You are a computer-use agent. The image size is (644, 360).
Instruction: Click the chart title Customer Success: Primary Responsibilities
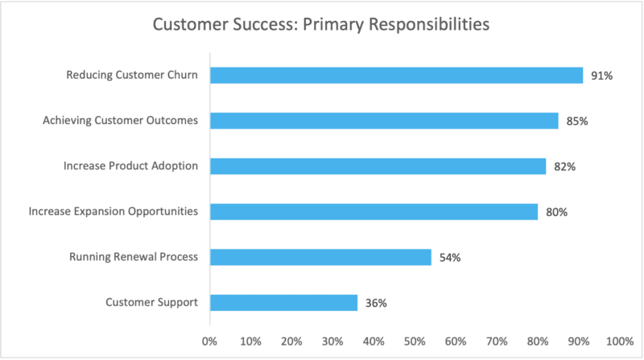321,25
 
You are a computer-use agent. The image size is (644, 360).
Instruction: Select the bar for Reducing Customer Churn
396,76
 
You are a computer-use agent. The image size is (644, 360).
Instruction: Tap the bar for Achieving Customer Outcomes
384,121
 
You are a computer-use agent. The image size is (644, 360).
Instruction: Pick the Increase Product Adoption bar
378,167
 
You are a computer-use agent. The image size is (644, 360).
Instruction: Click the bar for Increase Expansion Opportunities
374,212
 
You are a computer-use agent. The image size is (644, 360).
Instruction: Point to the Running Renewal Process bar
320,258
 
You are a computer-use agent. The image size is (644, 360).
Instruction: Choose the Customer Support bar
283,303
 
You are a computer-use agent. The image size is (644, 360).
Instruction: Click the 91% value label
601,76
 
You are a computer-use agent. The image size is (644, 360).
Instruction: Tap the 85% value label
576,121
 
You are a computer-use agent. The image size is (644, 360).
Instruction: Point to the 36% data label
375,304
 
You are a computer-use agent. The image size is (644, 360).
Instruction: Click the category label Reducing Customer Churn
134,76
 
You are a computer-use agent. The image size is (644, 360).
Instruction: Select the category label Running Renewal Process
134,258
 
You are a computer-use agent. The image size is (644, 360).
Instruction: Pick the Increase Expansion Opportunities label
114,212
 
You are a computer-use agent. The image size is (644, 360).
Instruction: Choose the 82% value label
564,167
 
